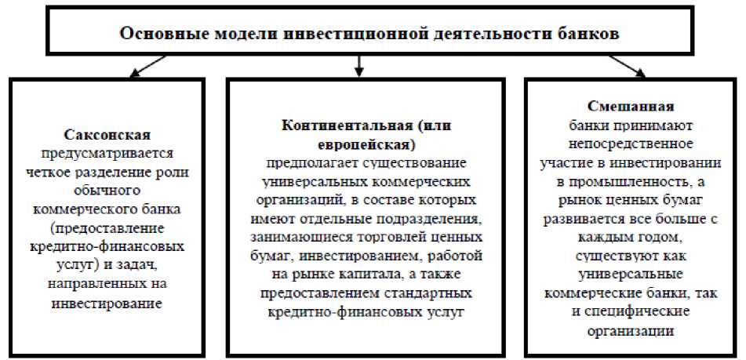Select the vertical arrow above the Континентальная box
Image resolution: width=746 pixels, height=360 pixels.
(x=358, y=65)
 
